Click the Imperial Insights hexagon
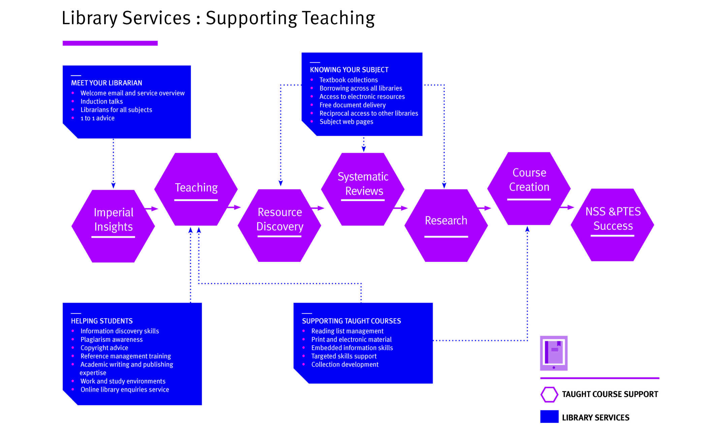click(113, 226)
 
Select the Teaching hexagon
click(196, 189)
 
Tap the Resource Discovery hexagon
click(280, 225)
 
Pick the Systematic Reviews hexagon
click(363, 189)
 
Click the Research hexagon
click(446, 225)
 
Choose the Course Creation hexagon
click(529, 188)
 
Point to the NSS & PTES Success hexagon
click(612, 225)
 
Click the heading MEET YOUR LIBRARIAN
click(106, 83)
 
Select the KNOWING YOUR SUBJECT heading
click(349, 70)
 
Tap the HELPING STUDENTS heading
click(102, 321)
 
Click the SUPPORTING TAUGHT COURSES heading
click(351, 321)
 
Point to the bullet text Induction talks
click(101, 101)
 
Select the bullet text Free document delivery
click(352, 105)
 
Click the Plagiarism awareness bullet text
click(112, 339)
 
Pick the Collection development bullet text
click(345, 364)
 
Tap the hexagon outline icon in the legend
click(549, 394)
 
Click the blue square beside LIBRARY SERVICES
click(549, 417)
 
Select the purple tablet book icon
click(554, 353)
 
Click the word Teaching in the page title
click(338, 18)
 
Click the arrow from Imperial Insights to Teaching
click(152, 209)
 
